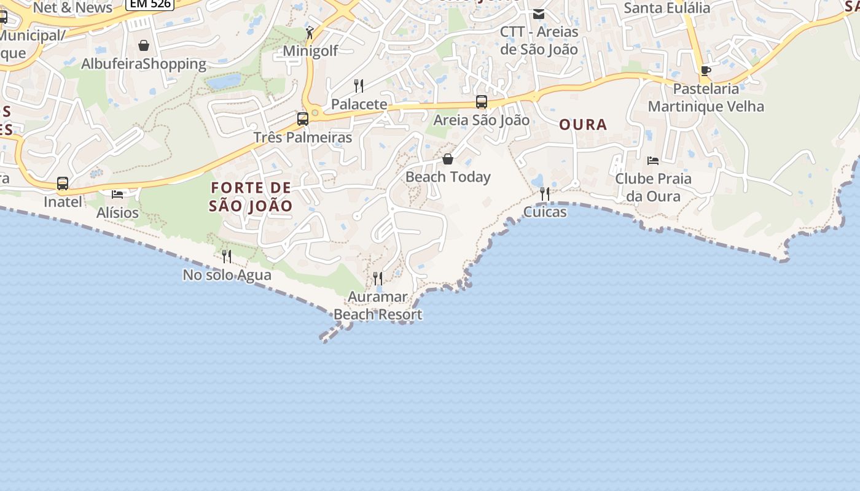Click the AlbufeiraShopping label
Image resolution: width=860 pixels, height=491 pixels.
pos(144,64)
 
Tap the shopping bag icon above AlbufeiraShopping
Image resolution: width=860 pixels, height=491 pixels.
pos(144,45)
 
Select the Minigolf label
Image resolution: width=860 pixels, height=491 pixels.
pos(310,51)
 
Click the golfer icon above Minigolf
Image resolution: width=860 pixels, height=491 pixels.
pos(310,33)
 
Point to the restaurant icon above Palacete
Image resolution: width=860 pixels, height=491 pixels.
pos(359,85)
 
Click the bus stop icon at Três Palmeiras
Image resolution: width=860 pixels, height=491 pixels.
pos(303,119)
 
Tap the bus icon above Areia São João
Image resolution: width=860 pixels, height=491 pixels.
pos(482,102)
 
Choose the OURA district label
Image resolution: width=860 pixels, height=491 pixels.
pos(583,125)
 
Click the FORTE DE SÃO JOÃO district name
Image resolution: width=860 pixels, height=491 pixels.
pos(251,196)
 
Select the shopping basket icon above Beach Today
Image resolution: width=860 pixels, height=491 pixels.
pos(448,160)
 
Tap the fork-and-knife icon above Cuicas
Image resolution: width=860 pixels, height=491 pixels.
pos(545,194)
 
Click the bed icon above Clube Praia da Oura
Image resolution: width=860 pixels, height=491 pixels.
pos(653,161)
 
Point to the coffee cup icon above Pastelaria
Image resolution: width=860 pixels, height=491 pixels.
pos(706,71)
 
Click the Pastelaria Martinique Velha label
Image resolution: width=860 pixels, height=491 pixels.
pos(706,98)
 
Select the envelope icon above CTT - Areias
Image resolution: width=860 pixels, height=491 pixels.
pos(539,14)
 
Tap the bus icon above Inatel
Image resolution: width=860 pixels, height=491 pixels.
pos(63,184)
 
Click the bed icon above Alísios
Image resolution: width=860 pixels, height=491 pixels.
pos(117,195)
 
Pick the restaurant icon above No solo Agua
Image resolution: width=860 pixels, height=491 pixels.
pos(227,257)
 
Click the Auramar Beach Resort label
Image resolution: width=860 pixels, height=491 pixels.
pos(378,306)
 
